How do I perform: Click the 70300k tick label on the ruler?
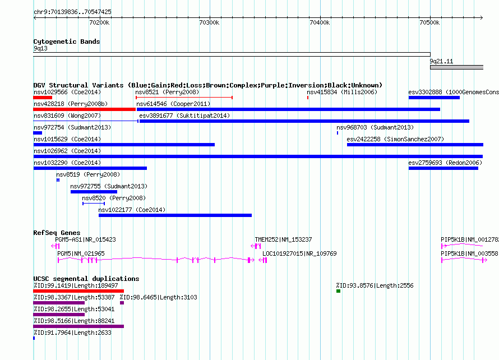209,22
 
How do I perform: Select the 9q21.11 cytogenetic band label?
441,61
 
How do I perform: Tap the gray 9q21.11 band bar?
457,67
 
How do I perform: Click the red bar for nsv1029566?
43,98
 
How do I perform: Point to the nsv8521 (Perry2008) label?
167,92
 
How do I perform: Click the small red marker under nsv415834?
308,98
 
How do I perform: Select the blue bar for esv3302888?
434,98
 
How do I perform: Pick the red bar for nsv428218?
84,109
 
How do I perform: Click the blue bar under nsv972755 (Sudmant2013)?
94,192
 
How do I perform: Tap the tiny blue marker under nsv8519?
58,180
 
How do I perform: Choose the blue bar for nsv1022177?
175,215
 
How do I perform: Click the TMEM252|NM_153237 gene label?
283,239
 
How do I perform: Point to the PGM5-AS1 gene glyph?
56,246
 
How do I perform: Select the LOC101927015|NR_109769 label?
299,253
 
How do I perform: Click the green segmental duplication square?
338,291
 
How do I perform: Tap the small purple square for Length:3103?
122,303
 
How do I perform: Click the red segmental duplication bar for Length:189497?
78,291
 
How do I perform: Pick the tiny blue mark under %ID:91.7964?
34,338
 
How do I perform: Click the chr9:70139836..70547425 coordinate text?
72,12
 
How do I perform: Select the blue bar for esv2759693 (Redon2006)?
443,168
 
